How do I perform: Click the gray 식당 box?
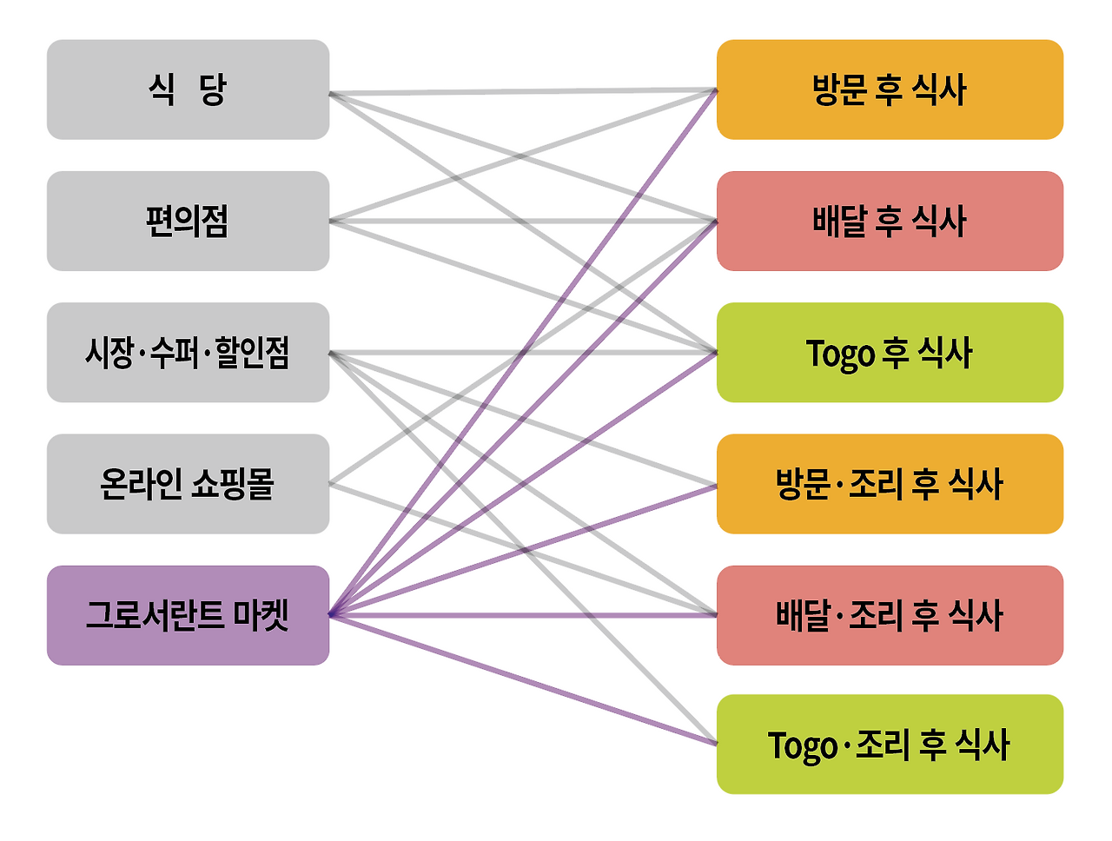click(x=188, y=89)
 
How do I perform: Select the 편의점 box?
click(x=188, y=221)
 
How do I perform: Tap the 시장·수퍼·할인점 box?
click(x=188, y=353)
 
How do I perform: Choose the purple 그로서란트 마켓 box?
click(x=188, y=615)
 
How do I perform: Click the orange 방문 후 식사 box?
click(x=890, y=89)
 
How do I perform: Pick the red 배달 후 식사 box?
click(x=890, y=221)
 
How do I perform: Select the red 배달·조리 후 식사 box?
click(x=890, y=615)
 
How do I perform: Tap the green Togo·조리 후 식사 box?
click(x=890, y=745)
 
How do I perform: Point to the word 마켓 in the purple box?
click(x=261, y=615)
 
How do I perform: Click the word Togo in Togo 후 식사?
click(x=840, y=354)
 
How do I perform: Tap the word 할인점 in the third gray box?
click(x=252, y=353)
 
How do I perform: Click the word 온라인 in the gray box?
click(x=137, y=484)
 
